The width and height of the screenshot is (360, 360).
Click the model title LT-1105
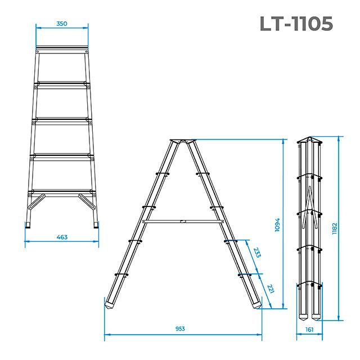[296, 24]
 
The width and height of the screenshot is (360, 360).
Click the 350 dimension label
[62, 24]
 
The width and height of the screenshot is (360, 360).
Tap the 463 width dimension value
[62, 237]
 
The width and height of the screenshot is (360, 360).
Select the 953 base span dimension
[180, 328]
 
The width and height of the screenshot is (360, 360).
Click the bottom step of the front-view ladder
[62, 191]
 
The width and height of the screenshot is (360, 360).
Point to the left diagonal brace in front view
[38, 201]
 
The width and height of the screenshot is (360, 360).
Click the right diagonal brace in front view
[87, 201]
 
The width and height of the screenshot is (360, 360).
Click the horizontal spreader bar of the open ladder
[183, 222]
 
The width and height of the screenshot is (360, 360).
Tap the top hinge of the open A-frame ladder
[182, 141]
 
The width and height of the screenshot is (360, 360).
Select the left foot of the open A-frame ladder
[110, 304]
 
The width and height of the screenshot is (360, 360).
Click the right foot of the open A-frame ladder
[257, 304]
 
